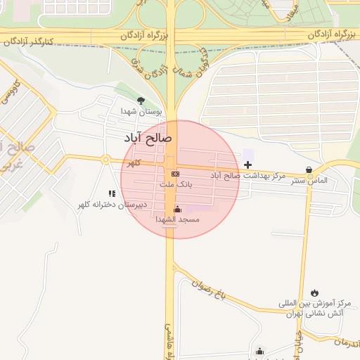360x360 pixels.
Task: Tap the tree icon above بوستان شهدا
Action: [x=141, y=101]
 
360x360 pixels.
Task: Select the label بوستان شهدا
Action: [x=141, y=111]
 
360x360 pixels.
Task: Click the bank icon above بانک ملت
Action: [x=175, y=174]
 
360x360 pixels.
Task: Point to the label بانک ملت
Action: [x=175, y=184]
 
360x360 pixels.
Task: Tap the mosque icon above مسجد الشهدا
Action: [x=177, y=209]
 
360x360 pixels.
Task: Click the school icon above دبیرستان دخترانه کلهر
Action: [x=111, y=193]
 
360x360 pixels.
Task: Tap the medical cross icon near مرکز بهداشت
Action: [x=247, y=164]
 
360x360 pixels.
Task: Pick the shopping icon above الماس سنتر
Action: [x=309, y=169]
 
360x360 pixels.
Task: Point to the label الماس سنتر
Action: [x=311, y=181]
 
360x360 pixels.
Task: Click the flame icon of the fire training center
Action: [x=314, y=292]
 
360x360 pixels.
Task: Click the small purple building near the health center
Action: [x=248, y=153]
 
